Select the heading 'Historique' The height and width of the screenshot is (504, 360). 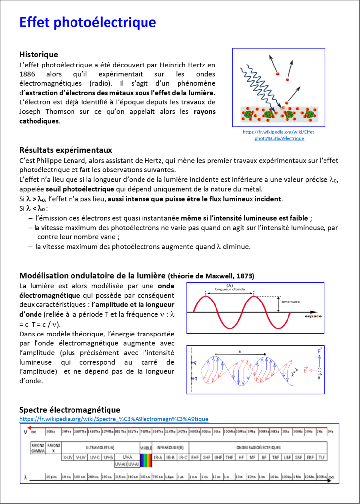click(38, 54)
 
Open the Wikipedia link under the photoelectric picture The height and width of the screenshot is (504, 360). click(279, 135)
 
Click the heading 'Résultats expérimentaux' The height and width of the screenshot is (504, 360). click(66, 150)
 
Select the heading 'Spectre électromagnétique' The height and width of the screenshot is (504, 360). click(70, 410)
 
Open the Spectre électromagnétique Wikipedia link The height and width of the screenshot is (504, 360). click(113, 419)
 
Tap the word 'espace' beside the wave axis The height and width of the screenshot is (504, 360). click(313, 316)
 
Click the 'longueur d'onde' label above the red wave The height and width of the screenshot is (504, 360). click(230, 289)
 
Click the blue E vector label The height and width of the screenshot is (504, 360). click(319, 352)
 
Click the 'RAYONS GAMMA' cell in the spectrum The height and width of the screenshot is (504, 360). click(37, 448)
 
